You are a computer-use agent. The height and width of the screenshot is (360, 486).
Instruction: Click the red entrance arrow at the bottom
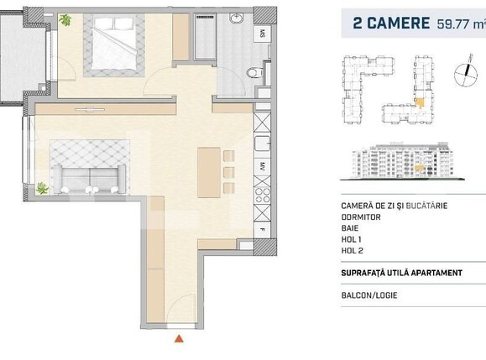178,339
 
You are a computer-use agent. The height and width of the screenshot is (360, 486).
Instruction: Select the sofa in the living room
87,177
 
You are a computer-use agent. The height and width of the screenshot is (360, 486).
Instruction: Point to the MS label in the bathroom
262,34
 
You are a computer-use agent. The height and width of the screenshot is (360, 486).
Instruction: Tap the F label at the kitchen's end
262,228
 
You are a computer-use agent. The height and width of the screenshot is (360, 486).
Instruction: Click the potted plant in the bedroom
65,21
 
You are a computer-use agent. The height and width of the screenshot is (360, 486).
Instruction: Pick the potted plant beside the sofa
42,189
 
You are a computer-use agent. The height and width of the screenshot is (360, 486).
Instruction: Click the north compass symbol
460,76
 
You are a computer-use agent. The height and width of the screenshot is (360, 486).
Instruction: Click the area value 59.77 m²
459,23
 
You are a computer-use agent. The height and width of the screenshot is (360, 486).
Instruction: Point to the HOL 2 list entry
353,250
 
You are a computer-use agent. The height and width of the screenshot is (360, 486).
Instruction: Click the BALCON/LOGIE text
370,295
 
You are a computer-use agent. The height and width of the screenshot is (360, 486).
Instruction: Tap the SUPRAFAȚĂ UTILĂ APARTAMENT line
401,273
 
